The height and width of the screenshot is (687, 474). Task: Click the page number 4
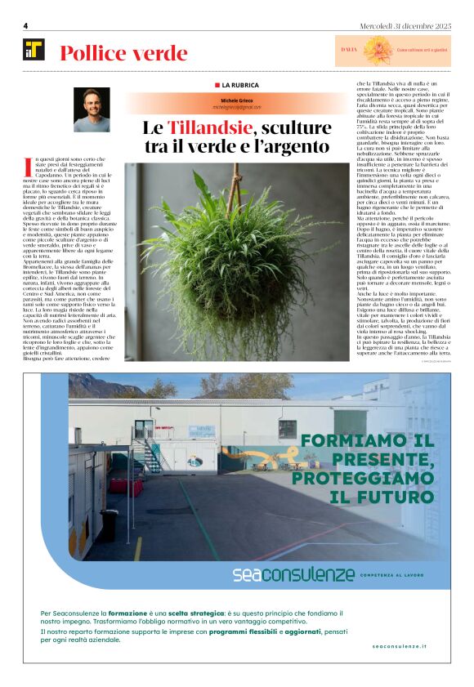(x=26, y=25)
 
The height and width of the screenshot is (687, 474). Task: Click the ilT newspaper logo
(x=34, y=51)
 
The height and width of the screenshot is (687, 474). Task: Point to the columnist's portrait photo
(x=92, y=109)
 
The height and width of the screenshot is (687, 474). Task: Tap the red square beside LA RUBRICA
(x=217, y=85)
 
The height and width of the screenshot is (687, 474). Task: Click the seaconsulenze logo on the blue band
(x=293, y=574)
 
